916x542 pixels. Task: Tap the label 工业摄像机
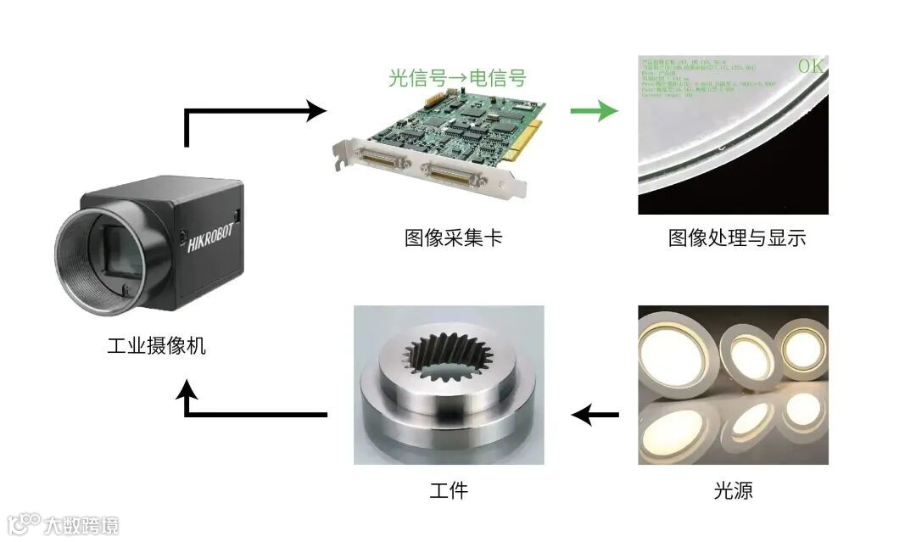pos(157,346)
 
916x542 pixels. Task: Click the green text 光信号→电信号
pos(457,78)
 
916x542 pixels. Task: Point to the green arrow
pos(593,110)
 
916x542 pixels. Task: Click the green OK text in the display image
pos(810,66)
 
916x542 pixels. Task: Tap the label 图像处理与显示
pos(736,237)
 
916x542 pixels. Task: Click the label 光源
pos(733,490)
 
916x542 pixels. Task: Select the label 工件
pos(449,490)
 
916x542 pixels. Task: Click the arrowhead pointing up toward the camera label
pos(187,392)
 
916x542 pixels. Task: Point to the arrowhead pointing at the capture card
pos(316,109)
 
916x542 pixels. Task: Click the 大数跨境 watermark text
pos(82,522)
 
